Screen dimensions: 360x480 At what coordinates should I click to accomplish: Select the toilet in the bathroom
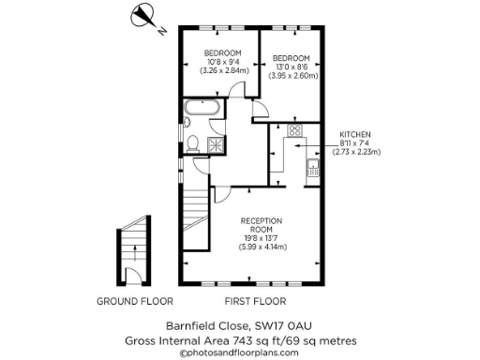(x=191, y=143)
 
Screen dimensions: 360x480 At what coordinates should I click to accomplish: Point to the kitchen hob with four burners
(x=294, y=132)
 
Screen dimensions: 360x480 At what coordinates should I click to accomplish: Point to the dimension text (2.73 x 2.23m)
(x=355, y=152)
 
